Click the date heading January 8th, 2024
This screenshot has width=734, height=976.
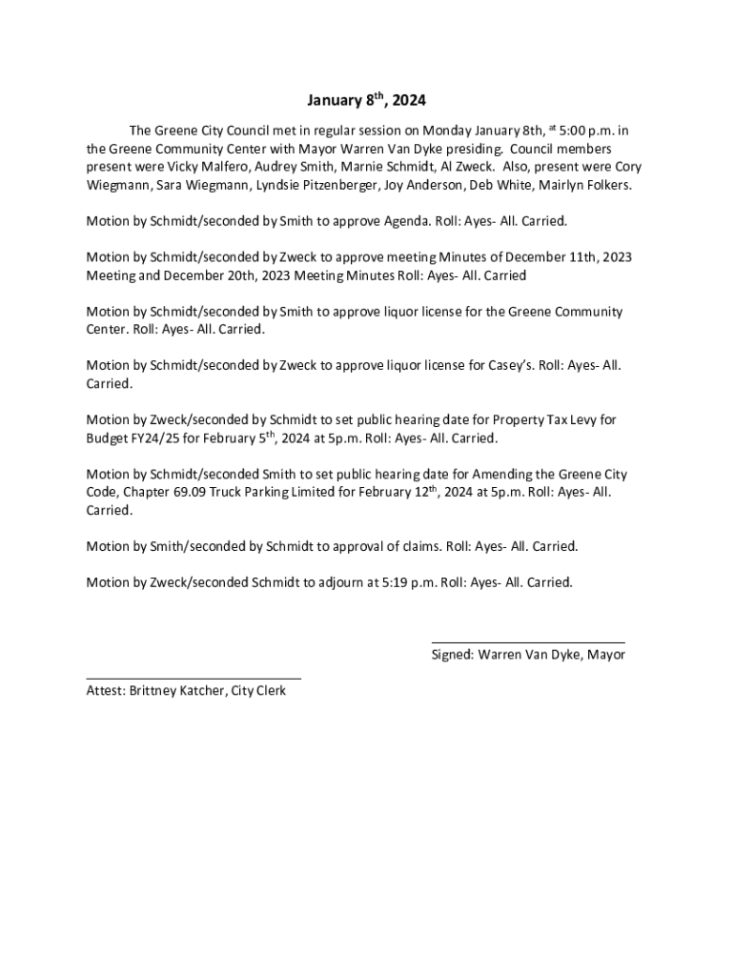367,99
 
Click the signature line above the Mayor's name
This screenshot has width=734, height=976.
528,643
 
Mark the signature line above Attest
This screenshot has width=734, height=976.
194,679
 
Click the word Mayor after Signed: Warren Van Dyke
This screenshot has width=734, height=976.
606,656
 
